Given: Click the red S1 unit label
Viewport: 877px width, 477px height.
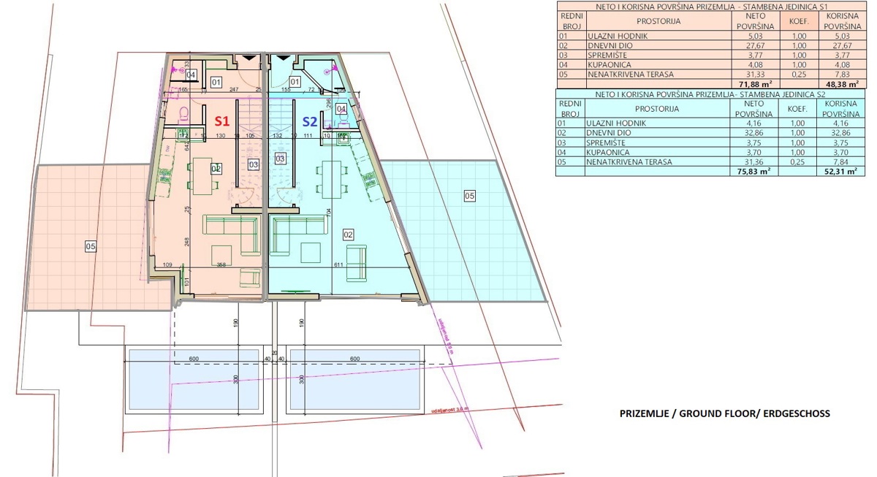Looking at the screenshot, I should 222,121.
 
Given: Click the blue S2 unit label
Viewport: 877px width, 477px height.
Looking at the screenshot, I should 310,121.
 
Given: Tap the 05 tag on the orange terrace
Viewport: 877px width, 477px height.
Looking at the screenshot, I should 91,247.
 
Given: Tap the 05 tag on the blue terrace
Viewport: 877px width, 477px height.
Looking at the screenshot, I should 469,196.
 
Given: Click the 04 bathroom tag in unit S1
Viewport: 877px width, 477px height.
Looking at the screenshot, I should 191,75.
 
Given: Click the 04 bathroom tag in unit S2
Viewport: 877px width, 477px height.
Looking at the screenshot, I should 341,109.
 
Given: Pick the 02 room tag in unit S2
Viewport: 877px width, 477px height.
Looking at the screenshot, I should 349,234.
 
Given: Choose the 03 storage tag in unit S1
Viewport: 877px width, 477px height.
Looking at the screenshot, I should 254,164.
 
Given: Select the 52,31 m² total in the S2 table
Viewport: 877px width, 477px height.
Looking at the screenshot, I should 838,172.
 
